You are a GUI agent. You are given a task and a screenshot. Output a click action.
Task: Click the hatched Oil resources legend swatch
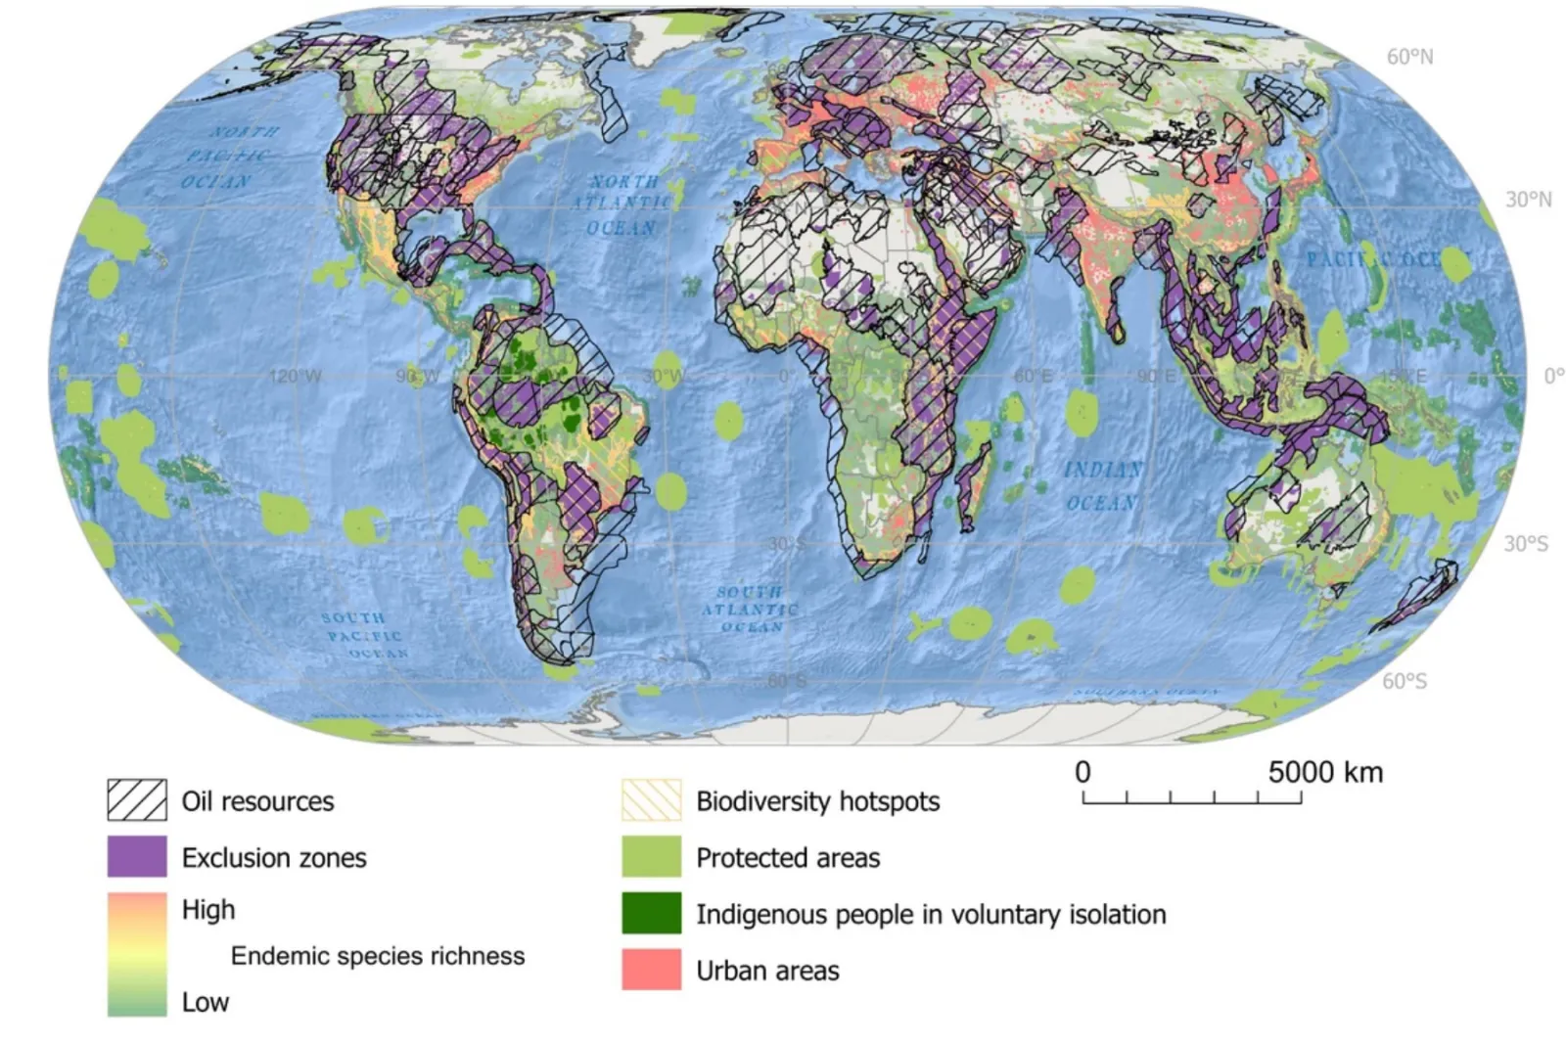click(x=136, y=799)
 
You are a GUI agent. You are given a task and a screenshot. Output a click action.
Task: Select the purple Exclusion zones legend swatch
click(x=136, y=856)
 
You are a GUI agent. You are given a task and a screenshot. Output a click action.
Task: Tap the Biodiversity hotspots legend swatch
click(x=651, y=799)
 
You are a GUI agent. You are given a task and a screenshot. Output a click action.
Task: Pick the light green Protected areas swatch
click(x=651, y=856)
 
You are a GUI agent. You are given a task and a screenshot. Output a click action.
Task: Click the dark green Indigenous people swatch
click(x=651, y=913)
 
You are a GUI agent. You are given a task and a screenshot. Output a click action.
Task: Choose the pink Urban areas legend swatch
click(x=651, y=970)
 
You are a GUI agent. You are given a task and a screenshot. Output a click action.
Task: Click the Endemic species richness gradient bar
click(x=136, y=954)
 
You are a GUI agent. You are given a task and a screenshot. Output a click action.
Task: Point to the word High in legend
click(x=208, y=909)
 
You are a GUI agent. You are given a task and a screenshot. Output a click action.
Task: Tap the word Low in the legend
click(x=205, y=1002)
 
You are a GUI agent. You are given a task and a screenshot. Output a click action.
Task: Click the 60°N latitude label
click(x=1409, y=57)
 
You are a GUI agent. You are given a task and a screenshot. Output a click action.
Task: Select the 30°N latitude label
click(x=1528, y=200)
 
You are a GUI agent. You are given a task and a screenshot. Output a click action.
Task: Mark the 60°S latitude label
click(x=1404, y=681)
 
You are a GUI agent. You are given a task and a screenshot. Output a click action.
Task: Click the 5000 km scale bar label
click(x=1325, y=772)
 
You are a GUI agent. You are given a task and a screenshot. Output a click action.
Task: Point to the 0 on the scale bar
click(x=1082, y=772)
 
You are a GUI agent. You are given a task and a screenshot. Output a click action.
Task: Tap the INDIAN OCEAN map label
click(x=1102, y=486)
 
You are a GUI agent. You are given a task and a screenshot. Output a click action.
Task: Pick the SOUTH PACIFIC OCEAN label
click(x=362, y=635)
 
